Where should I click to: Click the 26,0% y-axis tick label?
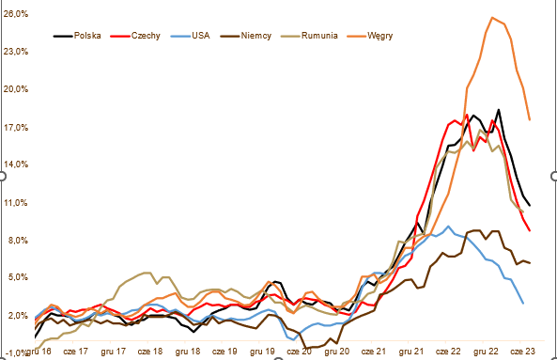(16, 14)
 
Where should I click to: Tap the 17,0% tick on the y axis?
(16, 128)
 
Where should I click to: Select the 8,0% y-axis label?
(17, 241)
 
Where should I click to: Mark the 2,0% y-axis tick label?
(17, 316)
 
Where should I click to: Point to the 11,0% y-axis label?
(16, 203)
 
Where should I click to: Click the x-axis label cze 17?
(75, 352)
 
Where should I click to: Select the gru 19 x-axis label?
(262, 352)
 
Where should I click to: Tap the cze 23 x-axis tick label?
(522, 352)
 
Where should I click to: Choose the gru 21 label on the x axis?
(411, 352)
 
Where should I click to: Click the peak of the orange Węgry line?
(492, 18)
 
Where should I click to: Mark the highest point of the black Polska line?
(499, 110)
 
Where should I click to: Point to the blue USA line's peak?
(448, 227)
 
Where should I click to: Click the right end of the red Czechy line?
(530, 230)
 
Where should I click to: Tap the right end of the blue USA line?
(523, 304)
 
